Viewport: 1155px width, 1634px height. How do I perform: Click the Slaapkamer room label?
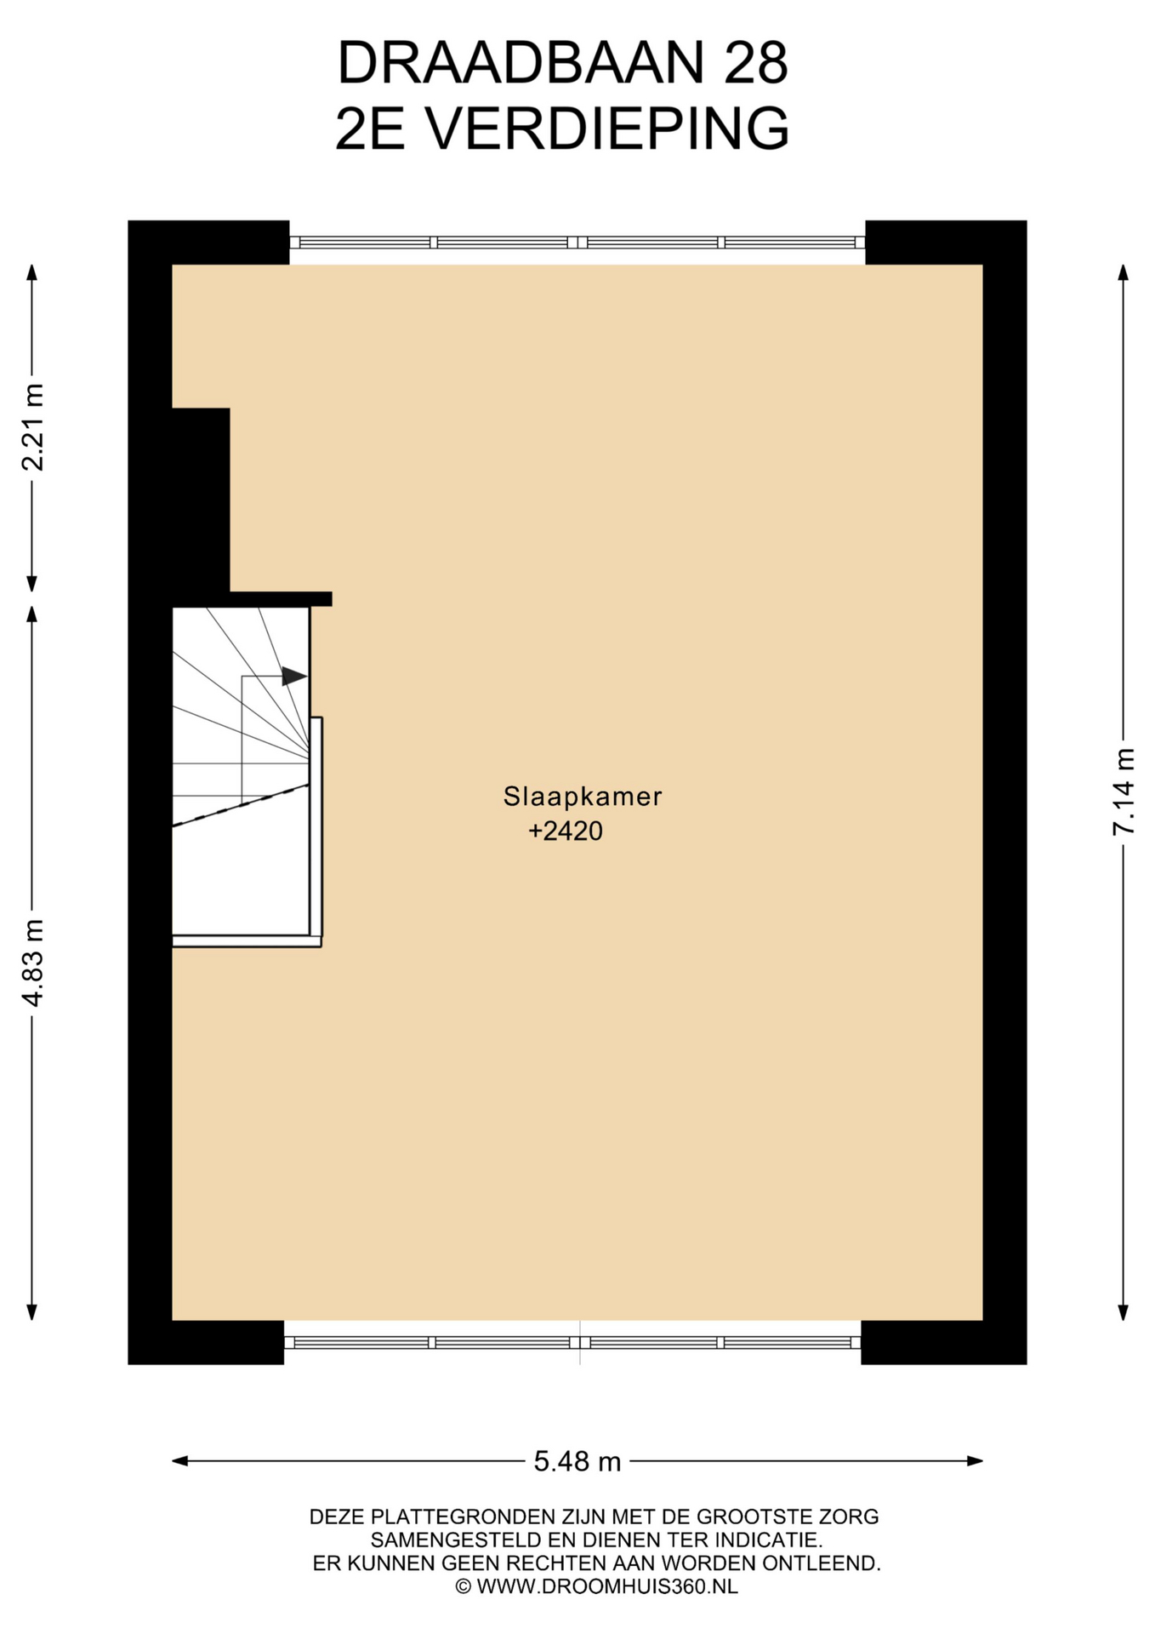[x=583, y=797]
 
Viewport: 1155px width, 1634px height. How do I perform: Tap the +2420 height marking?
[x=566, y=831]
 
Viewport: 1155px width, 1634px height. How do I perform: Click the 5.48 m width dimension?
[x=577, y=1462]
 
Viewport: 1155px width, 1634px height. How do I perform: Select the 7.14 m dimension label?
[x=1124, y=791]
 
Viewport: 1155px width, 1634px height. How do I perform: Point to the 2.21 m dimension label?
[x=32, y=427]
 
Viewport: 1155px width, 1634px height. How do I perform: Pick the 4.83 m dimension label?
[x=32, y=963]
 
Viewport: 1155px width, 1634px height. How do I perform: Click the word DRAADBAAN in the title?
[x=521, y=62]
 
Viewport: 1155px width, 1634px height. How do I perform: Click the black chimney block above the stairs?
[x=201, y=500]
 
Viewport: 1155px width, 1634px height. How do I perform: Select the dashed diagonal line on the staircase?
[x=241, y=805]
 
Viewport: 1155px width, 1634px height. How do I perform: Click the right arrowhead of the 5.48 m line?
[x=976, y=1461]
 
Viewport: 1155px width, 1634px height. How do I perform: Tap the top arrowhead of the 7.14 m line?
[x=1123, y=272]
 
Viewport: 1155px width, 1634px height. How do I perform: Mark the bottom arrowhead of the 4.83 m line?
[x=32, y=1311]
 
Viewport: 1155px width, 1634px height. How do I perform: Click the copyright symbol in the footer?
[x=464, y=1586]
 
